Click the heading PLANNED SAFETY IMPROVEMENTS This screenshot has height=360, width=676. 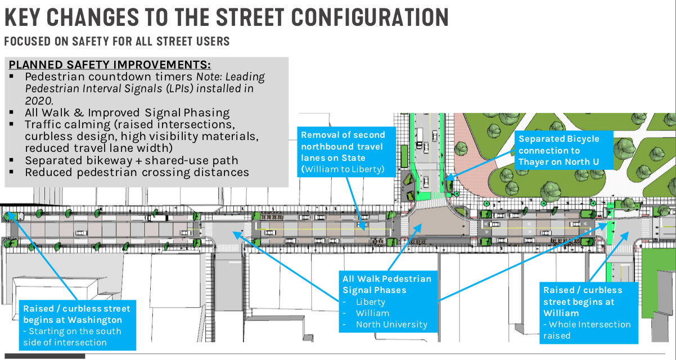coord(110,64)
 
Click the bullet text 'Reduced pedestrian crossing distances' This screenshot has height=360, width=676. coord(137,172)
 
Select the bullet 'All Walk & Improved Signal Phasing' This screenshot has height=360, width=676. coord(127,112)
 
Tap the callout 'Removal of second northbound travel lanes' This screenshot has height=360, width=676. coord(342,146)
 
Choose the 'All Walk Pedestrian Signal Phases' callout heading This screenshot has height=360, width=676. coord(386,284)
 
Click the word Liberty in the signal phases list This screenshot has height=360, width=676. coord(371,301)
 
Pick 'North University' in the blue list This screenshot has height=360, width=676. coord(391,325)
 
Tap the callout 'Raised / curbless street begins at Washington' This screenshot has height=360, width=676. coord(76,314)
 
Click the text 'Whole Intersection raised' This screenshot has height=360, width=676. coord(587,330)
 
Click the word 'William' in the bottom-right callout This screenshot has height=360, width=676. coord(561,313)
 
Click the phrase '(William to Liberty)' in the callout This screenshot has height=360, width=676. coord(342,169)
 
